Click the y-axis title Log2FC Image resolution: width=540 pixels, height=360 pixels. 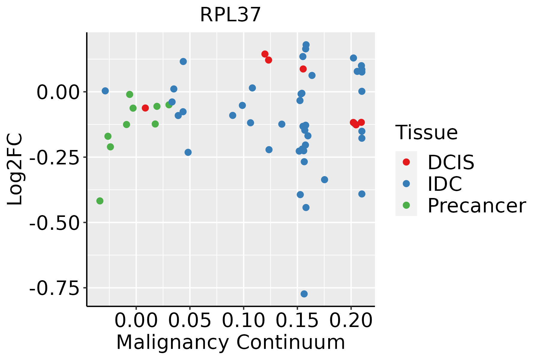[x=15, y=169]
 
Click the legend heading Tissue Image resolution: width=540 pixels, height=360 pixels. [x=427, y=133]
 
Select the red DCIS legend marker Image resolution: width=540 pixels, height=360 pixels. [x=406, y=162]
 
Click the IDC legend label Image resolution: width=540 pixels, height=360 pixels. [x=445, y=184]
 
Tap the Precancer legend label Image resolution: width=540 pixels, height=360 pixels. [x=476, y=206]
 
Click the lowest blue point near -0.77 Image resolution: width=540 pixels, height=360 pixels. [x=304, y=294]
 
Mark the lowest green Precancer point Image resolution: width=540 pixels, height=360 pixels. [x=100, y=201]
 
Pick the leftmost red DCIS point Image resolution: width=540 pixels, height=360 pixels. [x=145, y=108]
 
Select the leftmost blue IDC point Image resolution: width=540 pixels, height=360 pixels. [x=105, y=91]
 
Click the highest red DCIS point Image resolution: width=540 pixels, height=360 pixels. [x=265, y=54]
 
